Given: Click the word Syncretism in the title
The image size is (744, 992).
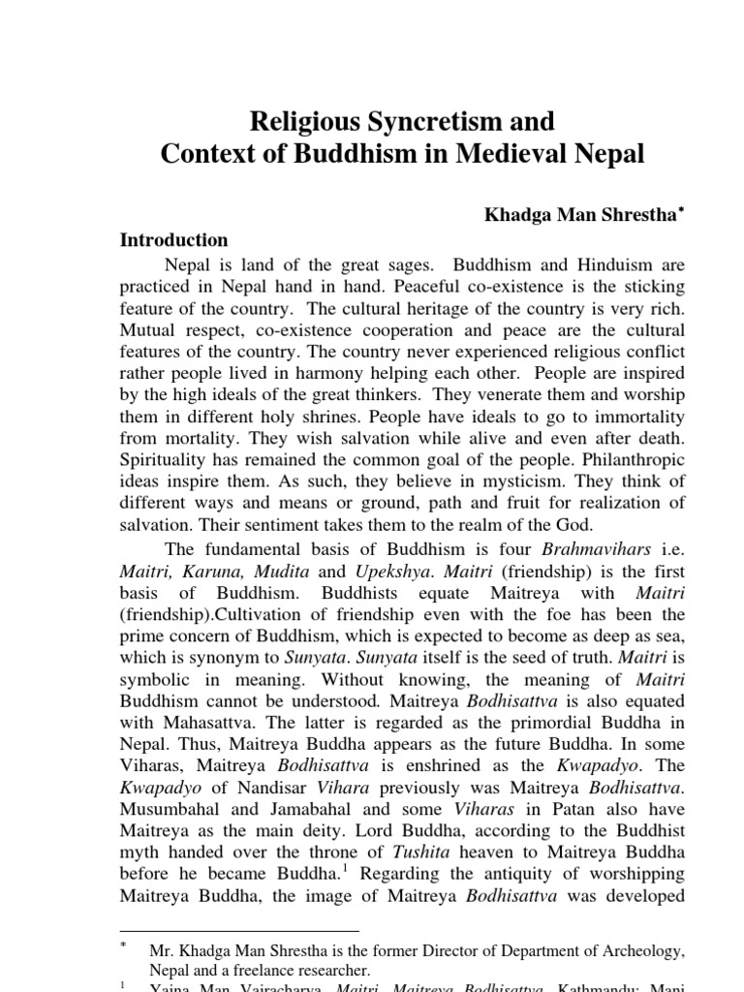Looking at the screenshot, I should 418,121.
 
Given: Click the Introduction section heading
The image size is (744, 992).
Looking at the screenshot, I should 173,239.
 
